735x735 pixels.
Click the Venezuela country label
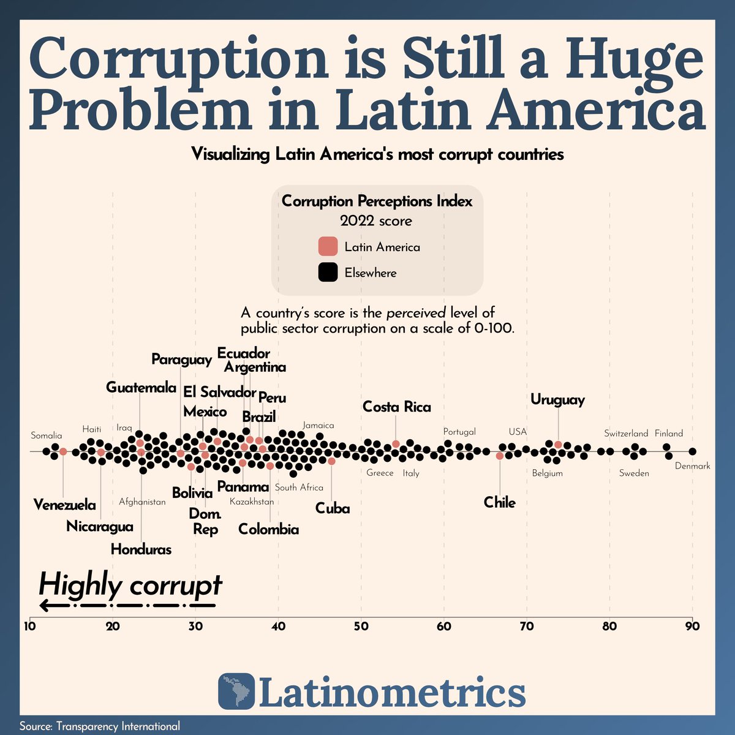pos(64,505)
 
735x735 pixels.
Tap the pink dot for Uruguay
pos(558,445)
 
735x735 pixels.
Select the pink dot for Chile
pos(500,456)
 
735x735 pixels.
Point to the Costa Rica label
pos(396,407)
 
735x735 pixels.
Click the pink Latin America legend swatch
pos(328,246)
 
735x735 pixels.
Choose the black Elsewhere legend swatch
pos(328,273)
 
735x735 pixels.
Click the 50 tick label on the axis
pos(361,627)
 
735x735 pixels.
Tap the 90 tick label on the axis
pos(692,627)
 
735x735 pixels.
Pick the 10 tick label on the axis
pos(29,627)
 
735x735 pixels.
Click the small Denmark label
pos(693,466)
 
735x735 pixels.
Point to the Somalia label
pos(47,435)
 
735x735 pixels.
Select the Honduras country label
pos(141,549)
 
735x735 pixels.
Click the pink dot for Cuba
pos(331,461)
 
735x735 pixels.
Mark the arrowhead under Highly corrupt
pos(44,606)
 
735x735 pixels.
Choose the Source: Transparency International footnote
pos(100,726)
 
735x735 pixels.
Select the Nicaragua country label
pos(100,526)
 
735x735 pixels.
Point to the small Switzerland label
pos(626,434)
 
